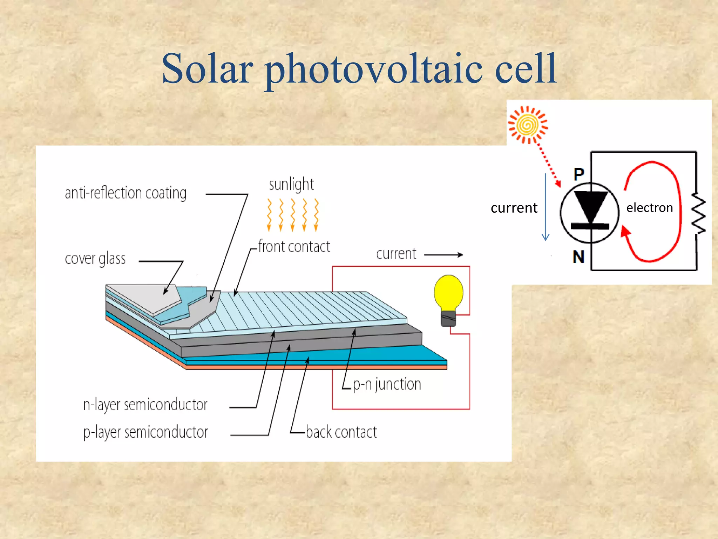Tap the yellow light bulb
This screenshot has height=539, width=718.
(x=448, y=293)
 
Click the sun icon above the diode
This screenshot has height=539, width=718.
(x=528, y=125)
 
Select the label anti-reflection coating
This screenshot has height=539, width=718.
(x=126, y=193)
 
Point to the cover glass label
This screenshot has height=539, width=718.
(x=95, y=259)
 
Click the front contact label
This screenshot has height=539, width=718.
(x=294, y=247)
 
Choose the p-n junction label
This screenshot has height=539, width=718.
(x=387, y=384)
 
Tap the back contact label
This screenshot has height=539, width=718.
(x=341, y=432)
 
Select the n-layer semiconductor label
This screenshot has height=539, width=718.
(x=145, y=405)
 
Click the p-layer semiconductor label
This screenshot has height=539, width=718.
(x=145, y=432)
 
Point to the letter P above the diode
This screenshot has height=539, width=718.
(x=579, y=174)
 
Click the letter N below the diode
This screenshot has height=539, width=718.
(x=578, y=257)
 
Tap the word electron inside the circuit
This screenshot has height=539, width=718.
(x=650, y=208)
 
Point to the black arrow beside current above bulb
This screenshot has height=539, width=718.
(x=443, y=255)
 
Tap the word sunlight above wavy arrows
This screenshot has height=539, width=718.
(x=291, y=185)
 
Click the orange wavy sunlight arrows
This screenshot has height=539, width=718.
(x=293, y=215)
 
